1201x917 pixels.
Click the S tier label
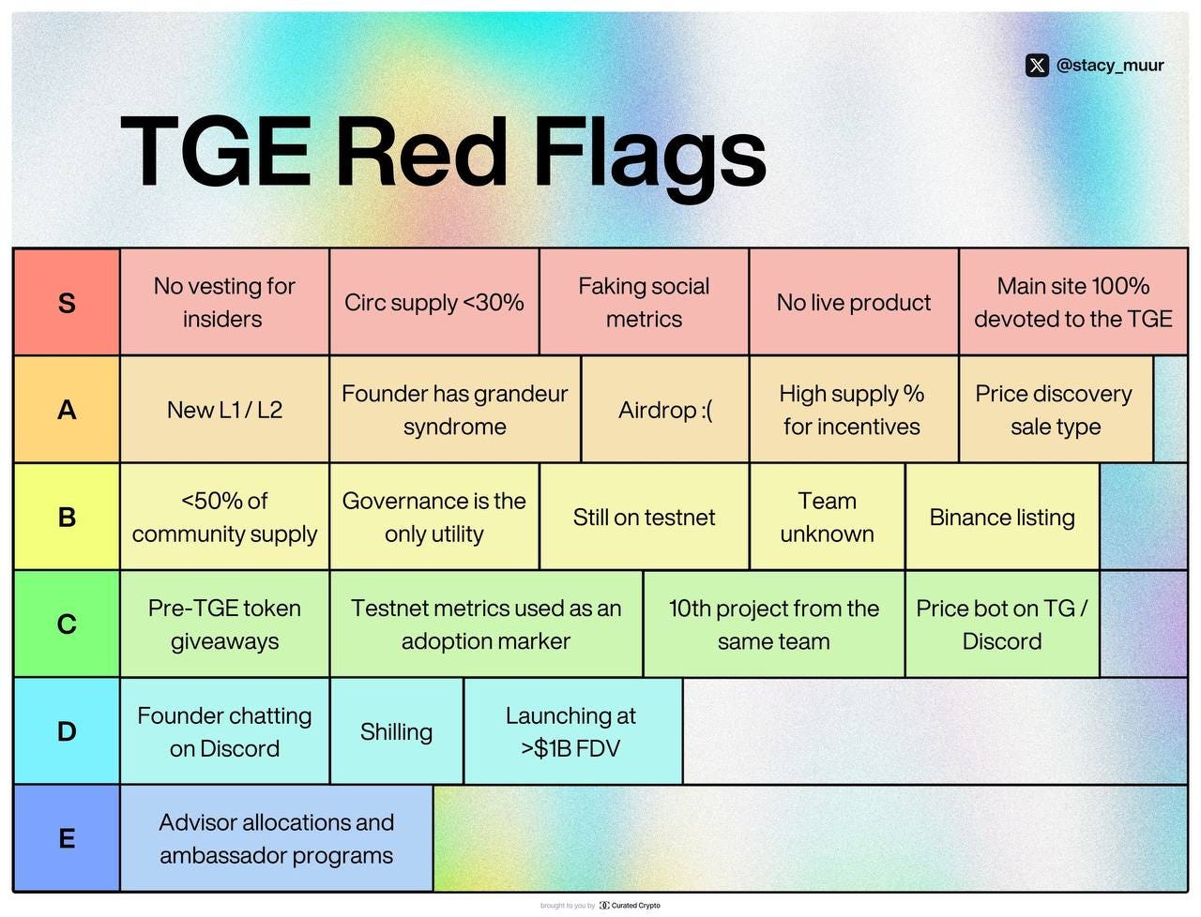(67, 302)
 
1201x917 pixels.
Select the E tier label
(67, 837)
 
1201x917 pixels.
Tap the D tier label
(67, 730)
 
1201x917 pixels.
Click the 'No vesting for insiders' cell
(224, 302)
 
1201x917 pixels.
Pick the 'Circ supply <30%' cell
(433, 302)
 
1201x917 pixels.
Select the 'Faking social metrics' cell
(644, 302)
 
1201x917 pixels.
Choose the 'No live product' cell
(853, 302)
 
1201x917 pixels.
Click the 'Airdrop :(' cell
(664, 410)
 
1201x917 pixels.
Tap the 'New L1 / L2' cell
(224, 410)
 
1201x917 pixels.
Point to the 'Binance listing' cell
(1001, 517)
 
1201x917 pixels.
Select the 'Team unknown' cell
(827, 517)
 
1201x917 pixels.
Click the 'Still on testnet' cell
(644, 517)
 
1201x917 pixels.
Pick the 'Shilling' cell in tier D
(396, 731)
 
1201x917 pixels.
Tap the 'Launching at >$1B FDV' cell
(571, 731)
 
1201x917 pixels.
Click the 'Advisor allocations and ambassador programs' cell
(276, 838)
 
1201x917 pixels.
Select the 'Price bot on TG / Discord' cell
(1001, 624)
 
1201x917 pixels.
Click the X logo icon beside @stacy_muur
(1037, 66)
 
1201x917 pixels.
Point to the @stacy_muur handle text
(1110, 66)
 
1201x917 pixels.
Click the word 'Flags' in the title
(649, 152)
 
